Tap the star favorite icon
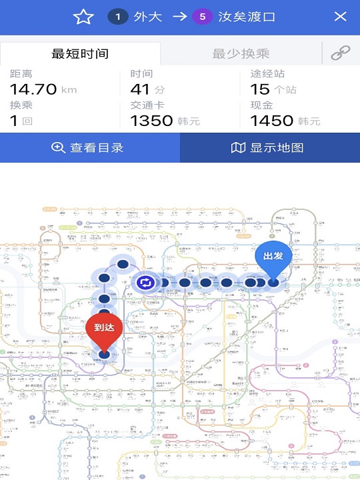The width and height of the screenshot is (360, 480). (83, 17)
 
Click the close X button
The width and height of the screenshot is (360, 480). (340, 17)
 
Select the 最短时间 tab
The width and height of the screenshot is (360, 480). (80, 54)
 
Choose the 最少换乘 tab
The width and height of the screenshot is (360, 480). (241, 54)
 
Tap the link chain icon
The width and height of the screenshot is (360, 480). (340, 54)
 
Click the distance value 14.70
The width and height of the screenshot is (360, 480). (33, 89)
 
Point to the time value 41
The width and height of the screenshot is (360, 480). (140, 89)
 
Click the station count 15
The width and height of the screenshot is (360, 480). (259, 89)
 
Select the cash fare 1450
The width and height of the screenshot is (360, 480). (272, 120)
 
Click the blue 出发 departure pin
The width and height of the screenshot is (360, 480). (273, 258)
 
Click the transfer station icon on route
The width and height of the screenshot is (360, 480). (145, 283)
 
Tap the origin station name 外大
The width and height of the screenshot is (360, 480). (147, 17)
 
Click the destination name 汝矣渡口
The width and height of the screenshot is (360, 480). (247, 17)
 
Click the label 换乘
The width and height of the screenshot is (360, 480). (21, 105)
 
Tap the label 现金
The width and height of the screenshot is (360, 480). (261, 105)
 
